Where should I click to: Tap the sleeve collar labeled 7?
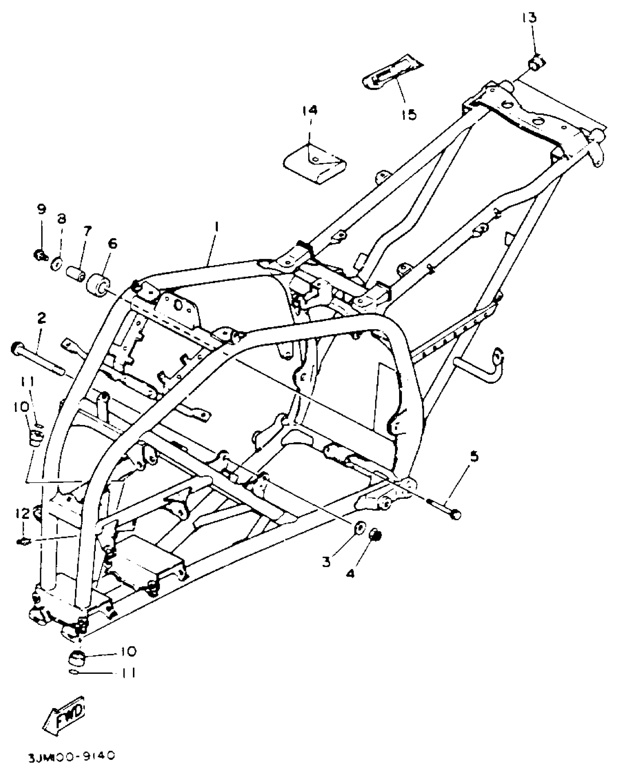point(76,273)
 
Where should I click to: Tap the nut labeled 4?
point(375,535)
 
